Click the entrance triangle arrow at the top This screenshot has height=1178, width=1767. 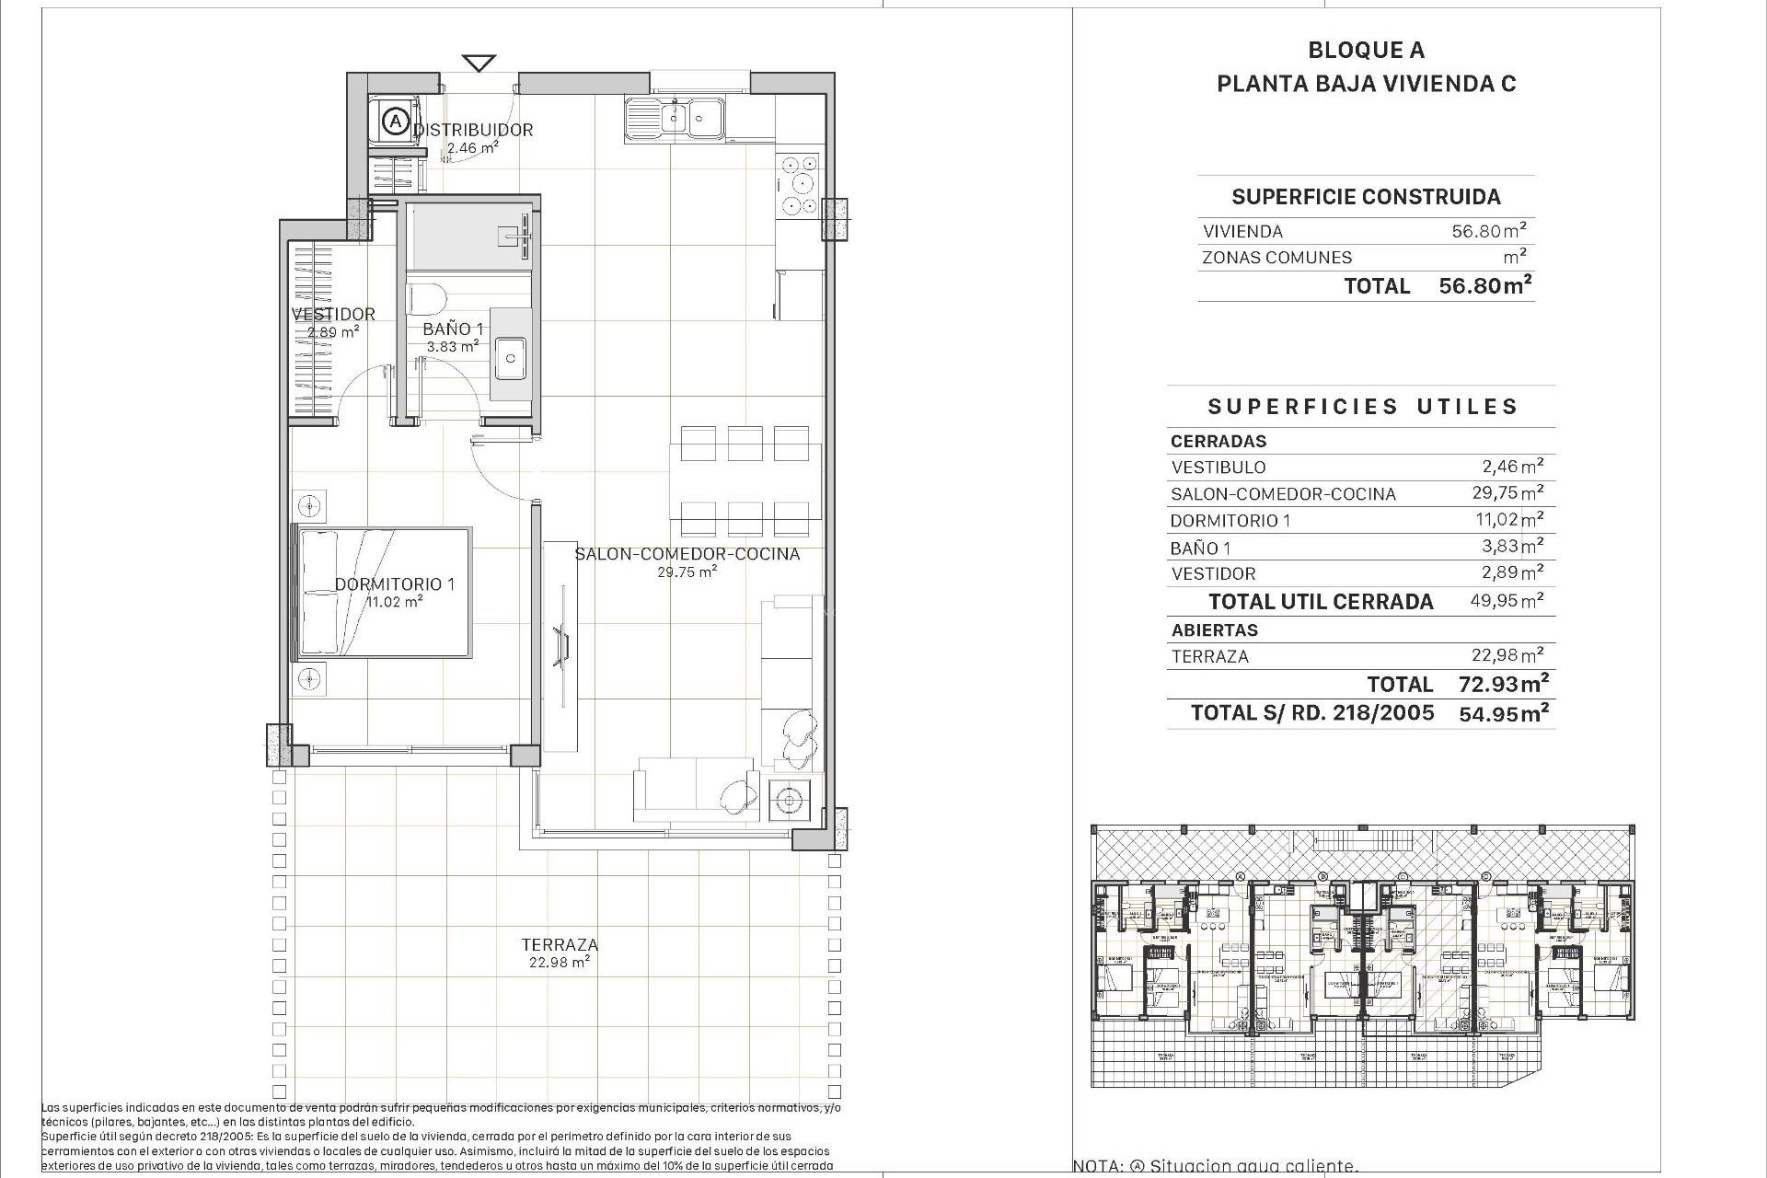[479, 64]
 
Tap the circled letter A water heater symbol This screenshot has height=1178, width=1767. [395, 121]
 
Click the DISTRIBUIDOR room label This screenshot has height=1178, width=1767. [473, 130]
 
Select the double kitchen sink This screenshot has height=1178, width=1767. [675, 119]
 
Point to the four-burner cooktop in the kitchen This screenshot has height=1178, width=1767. [798, 184]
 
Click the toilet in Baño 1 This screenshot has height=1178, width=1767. [426, 298]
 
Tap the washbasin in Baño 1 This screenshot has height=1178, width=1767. [510, 358]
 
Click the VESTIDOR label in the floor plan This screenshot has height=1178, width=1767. [333, 314]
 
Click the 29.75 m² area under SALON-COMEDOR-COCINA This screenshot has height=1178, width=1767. [687, 572]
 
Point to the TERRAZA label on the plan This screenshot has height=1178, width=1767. [560, 944]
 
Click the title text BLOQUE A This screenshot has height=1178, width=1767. [1366, 51]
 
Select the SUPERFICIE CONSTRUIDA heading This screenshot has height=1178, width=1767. [1366, 196]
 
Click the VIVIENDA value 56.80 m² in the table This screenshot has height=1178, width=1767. [1489, 231]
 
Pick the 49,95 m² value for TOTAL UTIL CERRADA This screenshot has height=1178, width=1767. [1507, 602]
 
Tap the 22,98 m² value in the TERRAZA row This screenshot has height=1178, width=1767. [1507, 656]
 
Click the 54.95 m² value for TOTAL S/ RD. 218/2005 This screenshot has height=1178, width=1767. [1503, 713]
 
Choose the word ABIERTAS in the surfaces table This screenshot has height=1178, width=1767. [1214, 630]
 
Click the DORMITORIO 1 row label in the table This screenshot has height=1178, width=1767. [1230, 521]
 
